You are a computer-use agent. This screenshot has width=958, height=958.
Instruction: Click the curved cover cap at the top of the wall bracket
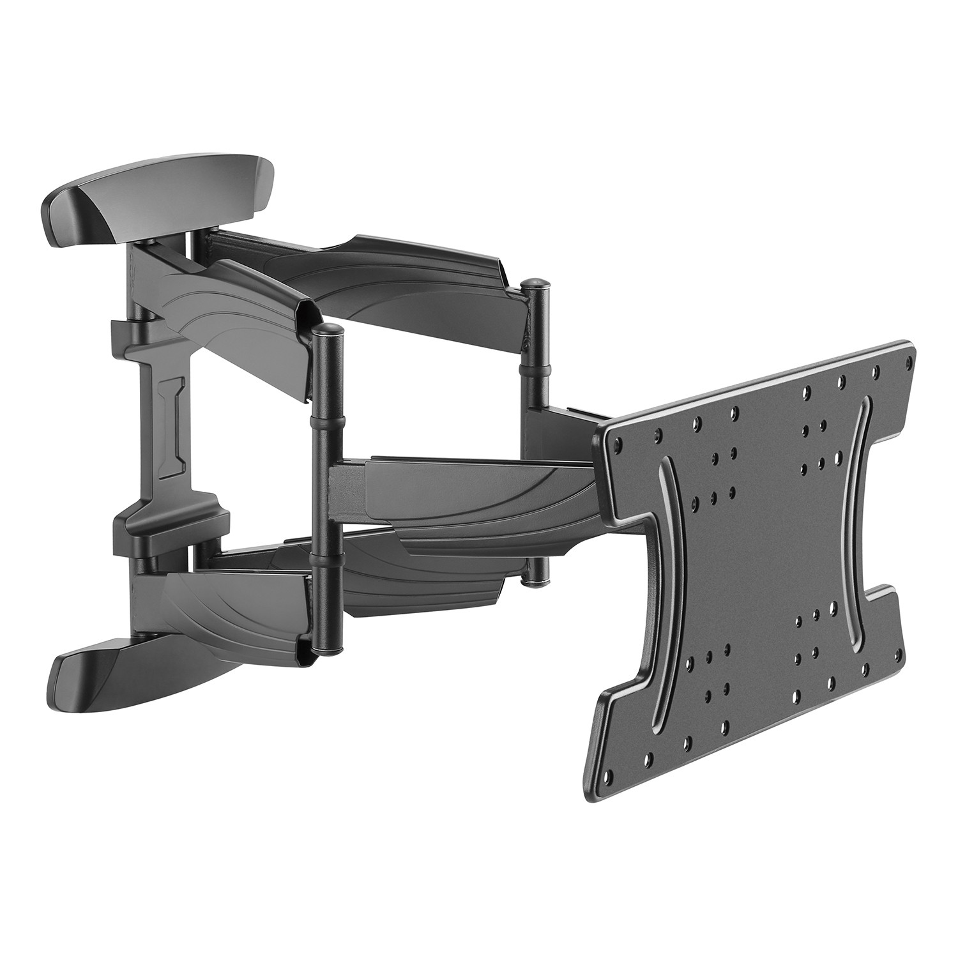point(160,203)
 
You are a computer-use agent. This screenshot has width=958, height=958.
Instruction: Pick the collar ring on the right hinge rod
point(535,369)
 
